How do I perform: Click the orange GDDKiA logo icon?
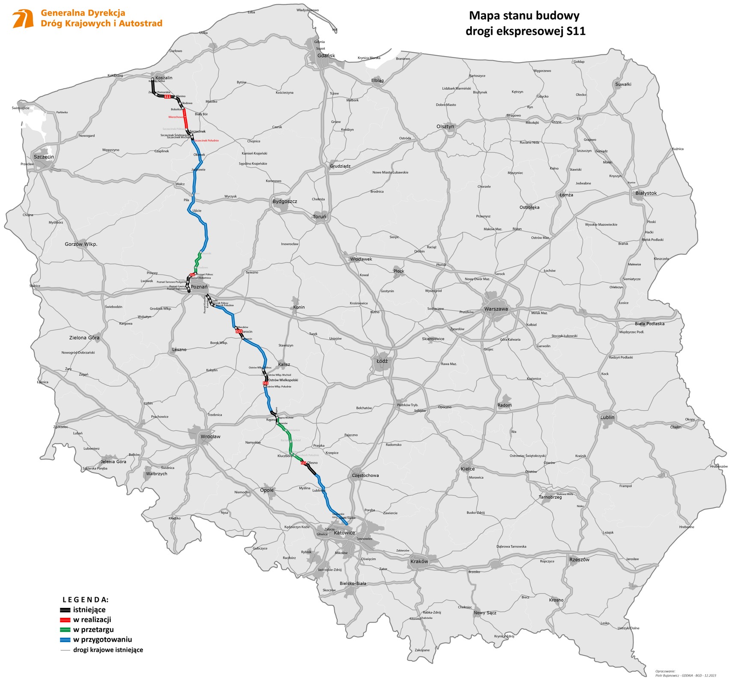[x=23, y=19]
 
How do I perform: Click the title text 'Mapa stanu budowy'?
[x=524, y=16]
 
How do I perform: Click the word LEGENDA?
[x=85, y=599]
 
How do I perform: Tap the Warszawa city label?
[x=496, y=309]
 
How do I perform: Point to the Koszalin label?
[x=164, y=77]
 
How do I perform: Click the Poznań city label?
[x=199, y=287]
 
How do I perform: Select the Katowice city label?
[x=344, y=533]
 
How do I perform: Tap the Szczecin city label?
[x=44, y=157]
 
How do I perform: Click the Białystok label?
[x=646, y=193]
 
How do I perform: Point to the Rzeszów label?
[x=579, y=560]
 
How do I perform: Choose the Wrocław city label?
[x=210, y=437]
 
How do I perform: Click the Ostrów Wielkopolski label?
[x=283, y=380]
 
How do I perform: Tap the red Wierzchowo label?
[x=176, y=116]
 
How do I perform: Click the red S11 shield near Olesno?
[x=303, y=463]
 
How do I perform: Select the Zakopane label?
[x=422, y=650]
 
